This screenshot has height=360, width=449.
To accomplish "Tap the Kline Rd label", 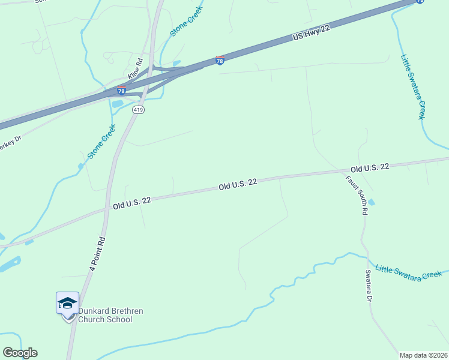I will (136, 69).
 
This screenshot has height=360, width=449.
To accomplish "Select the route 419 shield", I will (138, 110).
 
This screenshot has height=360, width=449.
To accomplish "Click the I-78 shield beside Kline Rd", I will (121, 91).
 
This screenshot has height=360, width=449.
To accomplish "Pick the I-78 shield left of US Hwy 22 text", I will (220, 61).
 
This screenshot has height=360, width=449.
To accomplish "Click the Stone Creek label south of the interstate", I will (101, 142).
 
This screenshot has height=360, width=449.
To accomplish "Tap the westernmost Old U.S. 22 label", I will (131, 203).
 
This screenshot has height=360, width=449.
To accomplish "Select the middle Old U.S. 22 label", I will (238, 184).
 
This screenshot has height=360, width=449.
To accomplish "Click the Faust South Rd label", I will (356, 195).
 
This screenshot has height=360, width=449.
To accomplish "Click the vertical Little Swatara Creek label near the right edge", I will (413, 86).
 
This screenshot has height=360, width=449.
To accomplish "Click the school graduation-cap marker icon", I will (67, 304).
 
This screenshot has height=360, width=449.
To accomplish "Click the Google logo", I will (20, 353).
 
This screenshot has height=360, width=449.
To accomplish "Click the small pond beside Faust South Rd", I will (371, 202).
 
